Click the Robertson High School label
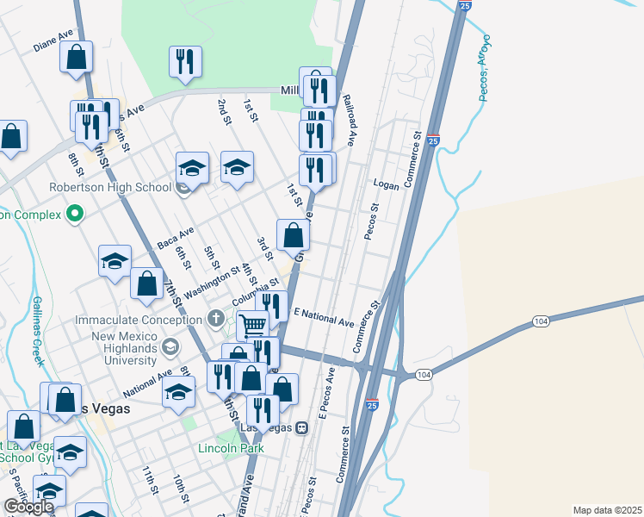[122, 187]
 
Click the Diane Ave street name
[53, 41]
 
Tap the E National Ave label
[324, 317]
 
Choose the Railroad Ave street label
[350, 120]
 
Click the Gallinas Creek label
[39, 331]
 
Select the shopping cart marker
[252, 325]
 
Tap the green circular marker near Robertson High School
[75, 214]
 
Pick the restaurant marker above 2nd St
[185, 60]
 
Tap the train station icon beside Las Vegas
[302, 428]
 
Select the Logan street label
[386, 183]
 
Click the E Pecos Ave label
[325, 396]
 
